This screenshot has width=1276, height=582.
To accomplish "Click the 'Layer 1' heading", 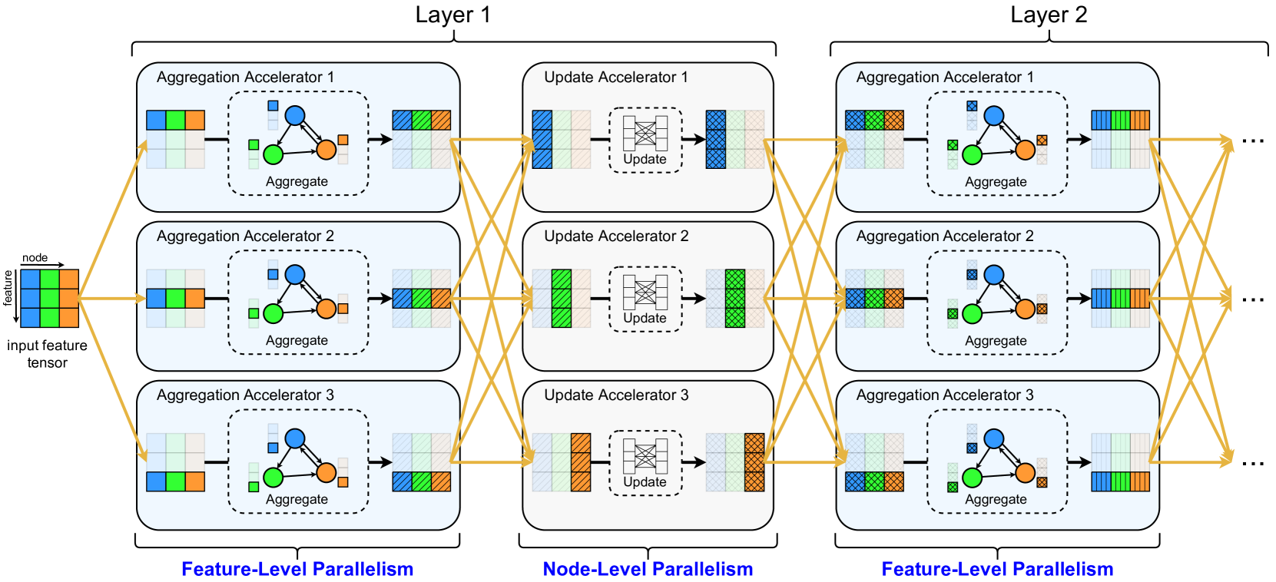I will click(x=452, y=15).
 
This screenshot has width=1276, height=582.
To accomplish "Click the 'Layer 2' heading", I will click(x=1049, y=15).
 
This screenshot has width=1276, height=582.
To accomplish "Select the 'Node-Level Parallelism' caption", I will click(x=648, y=569).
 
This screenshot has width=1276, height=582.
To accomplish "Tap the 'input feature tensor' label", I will click(x=47, y=354).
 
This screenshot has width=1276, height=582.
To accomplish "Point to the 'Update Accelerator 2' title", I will click(x=616, y=236).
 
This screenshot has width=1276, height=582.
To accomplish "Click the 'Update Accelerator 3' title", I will click(x=616, y=395).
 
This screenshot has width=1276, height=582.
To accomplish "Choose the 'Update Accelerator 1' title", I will click(x=616, y=78).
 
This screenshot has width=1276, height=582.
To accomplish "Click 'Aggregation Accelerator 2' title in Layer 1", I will click(x=245, y=236).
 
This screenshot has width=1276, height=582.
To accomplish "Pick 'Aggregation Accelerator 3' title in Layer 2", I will click(x=945, y=395).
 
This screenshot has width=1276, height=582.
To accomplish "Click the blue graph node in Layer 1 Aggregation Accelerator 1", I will click(x=295, y=116).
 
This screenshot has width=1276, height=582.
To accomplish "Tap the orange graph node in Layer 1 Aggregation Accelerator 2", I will click(x=326, y=309).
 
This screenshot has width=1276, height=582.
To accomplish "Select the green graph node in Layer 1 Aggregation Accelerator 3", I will click(x=273, y=478).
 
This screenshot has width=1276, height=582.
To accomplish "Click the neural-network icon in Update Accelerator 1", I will click(x=645, y=133).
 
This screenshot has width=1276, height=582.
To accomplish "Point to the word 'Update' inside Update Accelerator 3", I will click(x=645, y=482).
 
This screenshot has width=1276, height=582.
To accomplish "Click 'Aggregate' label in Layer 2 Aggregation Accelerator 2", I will click(x=996, y=341).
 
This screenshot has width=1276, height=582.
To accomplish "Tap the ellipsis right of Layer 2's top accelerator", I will click(x=1253, y=141).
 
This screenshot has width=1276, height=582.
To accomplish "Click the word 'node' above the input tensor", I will click(x=35, y=258).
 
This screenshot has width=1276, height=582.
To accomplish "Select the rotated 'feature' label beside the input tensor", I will click(x=8, y=288).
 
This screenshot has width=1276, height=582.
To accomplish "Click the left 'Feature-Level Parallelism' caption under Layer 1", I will click(x=297, y=569).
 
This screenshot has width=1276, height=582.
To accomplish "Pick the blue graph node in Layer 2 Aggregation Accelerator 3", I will click(x=994, y=438).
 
